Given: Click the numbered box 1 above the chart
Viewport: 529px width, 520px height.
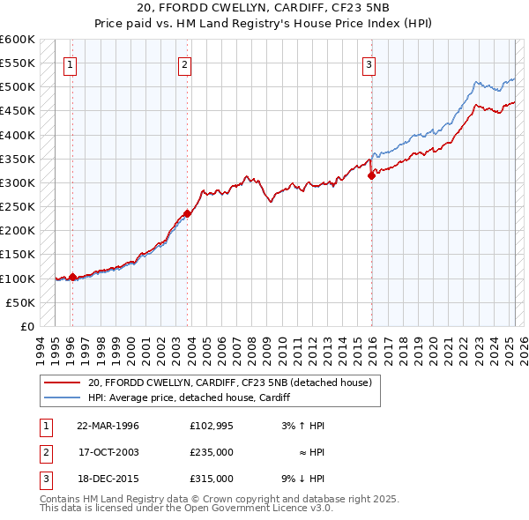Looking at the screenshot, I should [x=69, y=63].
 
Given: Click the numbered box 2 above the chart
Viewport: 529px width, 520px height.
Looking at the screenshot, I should [x=184, y=63].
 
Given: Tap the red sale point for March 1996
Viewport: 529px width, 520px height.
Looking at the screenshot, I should [x=72, y=277].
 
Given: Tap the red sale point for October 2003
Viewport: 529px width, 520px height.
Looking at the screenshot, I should [x=188, y=213].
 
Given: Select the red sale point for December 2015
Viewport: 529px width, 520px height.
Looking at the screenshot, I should [x=371, y=175].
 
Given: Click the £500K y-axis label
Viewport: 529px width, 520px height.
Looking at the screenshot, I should [x=18, y=87].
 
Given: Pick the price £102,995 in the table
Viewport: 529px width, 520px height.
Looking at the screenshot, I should [x=211, y=426].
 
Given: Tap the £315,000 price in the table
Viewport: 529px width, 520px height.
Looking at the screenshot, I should [x=211, y=479].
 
